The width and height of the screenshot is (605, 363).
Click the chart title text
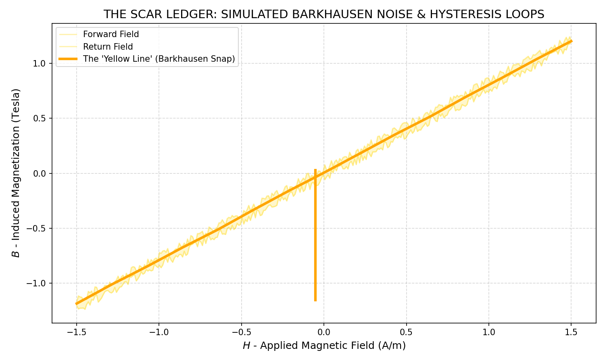click(323, 15)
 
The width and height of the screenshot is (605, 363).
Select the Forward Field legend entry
click(111, 34)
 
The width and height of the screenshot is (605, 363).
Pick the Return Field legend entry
click(108, 46)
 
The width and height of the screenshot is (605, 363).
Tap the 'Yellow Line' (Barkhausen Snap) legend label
click(159, 58)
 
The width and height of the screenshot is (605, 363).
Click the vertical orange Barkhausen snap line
click(315, 242)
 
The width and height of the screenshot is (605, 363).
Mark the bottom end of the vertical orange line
click(315, 300)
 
